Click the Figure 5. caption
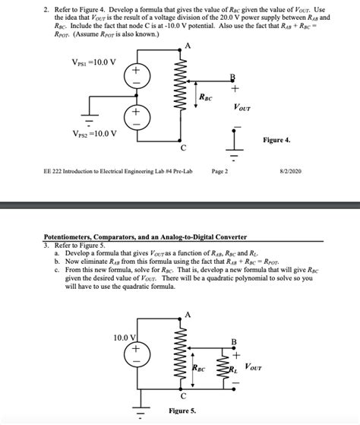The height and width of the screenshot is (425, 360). click(183, 411)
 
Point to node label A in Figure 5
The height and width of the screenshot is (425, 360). click(187, 315)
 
